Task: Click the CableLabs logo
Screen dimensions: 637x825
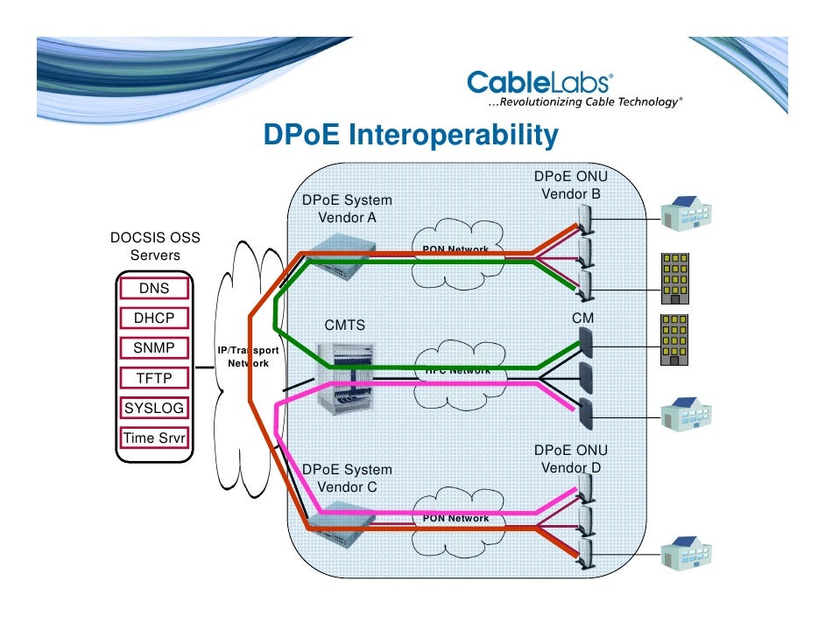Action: pyautogui.click(x=539, y=84)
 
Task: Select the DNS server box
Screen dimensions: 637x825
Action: pyautogui.click(x=154, y=289)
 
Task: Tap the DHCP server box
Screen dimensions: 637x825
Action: pyautogui.click(x=154, y=318)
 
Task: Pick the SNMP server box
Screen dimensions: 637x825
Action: pyautogui.click(x=154, y=348)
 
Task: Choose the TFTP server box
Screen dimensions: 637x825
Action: pyautogui.click(x=154, y=378)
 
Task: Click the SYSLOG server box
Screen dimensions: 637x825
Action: pyautogui.click(x=154, y=408)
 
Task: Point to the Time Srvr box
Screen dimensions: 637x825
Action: pyautogui.click(x=154, y=437)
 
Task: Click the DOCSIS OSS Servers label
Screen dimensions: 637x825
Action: pyautogui.click(x=155, y=246)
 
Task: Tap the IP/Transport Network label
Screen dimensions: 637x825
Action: pyautogui.click(x=248, y=356)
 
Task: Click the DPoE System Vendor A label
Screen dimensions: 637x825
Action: pyautogui.click(x=347, y=208)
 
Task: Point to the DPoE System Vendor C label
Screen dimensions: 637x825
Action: pyautogui.click(x=347, y=478)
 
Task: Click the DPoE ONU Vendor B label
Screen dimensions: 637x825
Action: pyautogui.click(x=571, y=185)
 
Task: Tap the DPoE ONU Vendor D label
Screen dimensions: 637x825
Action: pyautogui.click(x=571, y=458)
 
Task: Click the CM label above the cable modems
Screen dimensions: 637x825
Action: pyautogui.click(x=582, y=319)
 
